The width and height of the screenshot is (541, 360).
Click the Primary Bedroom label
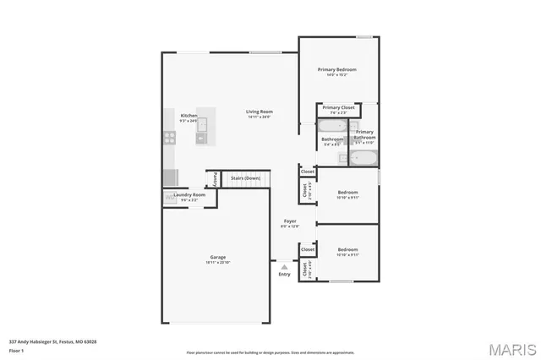click(336, 69)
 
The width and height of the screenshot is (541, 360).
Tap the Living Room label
click(260, 112)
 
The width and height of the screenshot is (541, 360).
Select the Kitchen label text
click(189, 115)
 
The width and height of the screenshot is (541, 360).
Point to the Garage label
click(218, 257)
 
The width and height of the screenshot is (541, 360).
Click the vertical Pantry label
click(215, 178)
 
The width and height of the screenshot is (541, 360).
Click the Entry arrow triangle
click(284, 266)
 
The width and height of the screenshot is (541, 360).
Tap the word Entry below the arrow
click(284, 274)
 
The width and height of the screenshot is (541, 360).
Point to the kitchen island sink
click(201, 126)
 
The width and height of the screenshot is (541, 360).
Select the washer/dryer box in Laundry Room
click(170, 197)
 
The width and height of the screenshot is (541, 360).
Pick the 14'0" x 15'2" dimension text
click(336, 75)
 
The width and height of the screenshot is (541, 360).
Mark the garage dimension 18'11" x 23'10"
click(218, 263)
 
